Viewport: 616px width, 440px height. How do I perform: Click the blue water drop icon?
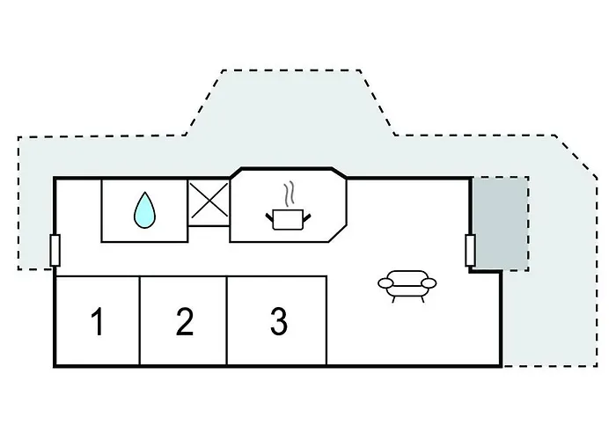click(x=144, y=210)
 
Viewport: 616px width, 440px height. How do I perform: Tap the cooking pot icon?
click(x=288, y=219)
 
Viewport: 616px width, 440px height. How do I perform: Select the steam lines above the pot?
click(x=290, y=194)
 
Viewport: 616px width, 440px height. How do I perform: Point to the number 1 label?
click(x=97, y=321)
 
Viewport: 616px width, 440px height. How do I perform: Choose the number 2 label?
click(x=184, y=322)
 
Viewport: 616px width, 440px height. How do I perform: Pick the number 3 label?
click(x=279, y=321)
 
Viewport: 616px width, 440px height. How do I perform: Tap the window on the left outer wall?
click(x=55, y=250)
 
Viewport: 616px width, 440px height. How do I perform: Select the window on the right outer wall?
click(x=470, y=250)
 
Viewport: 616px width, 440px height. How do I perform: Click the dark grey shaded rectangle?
click(x=501, y=224)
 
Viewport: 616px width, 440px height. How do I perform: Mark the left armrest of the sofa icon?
click(x=385, y=282)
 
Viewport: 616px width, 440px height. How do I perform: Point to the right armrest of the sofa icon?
click(x=429, y=282)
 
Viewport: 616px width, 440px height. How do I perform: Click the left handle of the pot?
click(x=269, y=216)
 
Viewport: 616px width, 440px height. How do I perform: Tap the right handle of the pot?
click(x=307, y=216)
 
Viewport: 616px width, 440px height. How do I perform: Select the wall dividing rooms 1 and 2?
click(x=139, y=321)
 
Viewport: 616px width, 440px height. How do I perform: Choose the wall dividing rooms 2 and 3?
click(x=227, y=321)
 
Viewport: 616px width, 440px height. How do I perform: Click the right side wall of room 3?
click(x=326, y=321)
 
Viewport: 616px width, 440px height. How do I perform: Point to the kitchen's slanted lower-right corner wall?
click(x=337, y=233)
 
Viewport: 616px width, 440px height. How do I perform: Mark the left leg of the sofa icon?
click(x=393, y=299)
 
